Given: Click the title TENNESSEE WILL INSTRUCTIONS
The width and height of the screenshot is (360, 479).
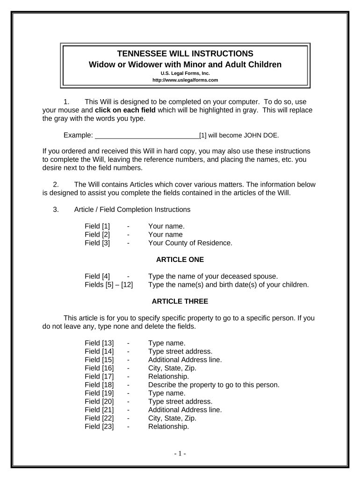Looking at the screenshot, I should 185,53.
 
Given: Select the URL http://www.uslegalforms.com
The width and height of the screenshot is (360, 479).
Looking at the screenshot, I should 185,80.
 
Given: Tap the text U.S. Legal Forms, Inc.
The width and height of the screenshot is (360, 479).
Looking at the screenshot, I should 185,73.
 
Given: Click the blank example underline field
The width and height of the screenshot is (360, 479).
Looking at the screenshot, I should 147,136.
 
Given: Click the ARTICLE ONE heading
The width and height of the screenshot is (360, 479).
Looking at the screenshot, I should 180,259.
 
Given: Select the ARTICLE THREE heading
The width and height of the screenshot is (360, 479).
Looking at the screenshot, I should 180,301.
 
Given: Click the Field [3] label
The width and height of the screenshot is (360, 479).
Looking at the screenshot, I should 97,243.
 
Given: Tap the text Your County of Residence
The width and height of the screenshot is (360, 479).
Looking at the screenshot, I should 190,243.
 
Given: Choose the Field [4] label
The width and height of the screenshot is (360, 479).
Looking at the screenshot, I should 97,276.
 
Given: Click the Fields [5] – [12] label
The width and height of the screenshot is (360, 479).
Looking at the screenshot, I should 108,284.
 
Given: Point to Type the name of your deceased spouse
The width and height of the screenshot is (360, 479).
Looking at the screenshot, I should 213,276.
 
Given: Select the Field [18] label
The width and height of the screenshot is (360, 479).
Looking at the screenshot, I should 99,385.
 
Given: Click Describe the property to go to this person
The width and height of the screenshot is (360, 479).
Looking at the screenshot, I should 214,385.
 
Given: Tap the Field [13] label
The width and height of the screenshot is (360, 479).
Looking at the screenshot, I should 99,343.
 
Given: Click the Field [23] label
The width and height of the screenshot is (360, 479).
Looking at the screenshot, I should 99,427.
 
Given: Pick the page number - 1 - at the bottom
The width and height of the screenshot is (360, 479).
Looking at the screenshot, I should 180,454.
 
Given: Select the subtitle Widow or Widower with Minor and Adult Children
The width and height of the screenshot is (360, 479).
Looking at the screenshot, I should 185,65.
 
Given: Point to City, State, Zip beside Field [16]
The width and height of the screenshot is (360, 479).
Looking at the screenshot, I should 172,368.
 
